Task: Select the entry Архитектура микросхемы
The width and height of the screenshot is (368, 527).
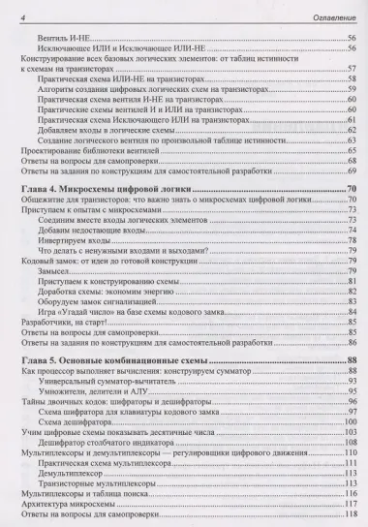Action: point(68,507)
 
